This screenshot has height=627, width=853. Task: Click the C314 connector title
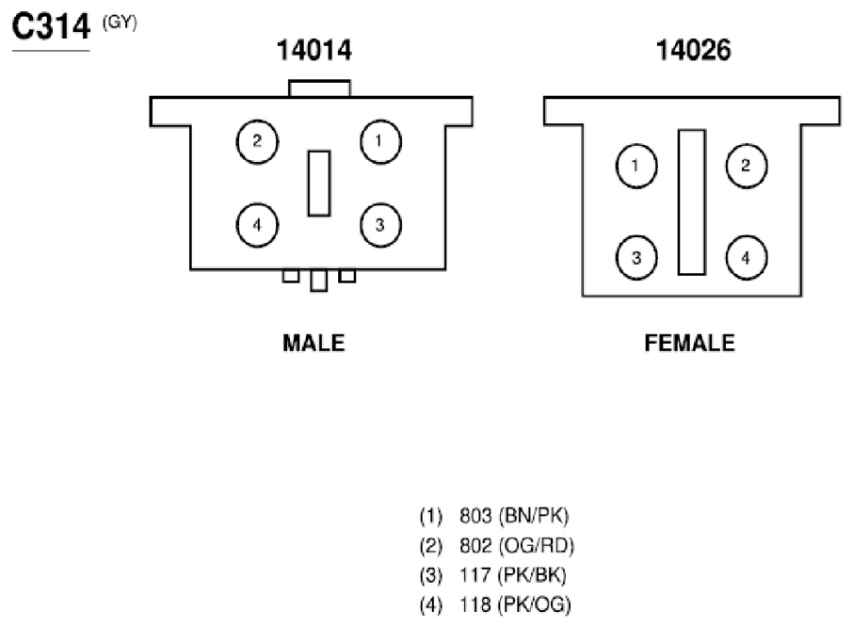[x=51, y=26]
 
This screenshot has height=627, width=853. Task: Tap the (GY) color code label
[x=120, y=23]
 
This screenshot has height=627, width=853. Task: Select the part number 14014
[x=314, y=50]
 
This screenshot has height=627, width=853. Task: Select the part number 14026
[x=694, y=50]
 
